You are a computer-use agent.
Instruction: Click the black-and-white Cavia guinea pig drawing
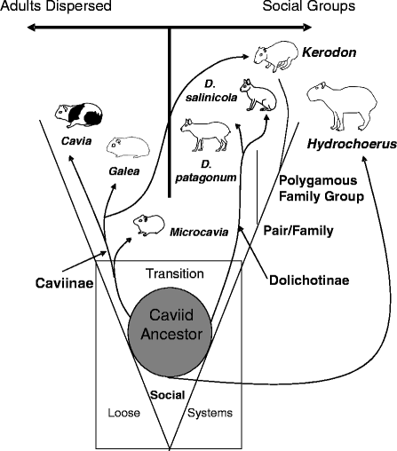coord(80,115)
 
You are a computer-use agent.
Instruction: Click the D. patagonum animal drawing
coord(207,135)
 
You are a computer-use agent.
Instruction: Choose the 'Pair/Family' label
coord(298,231)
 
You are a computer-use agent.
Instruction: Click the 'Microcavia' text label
coord(198,232)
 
